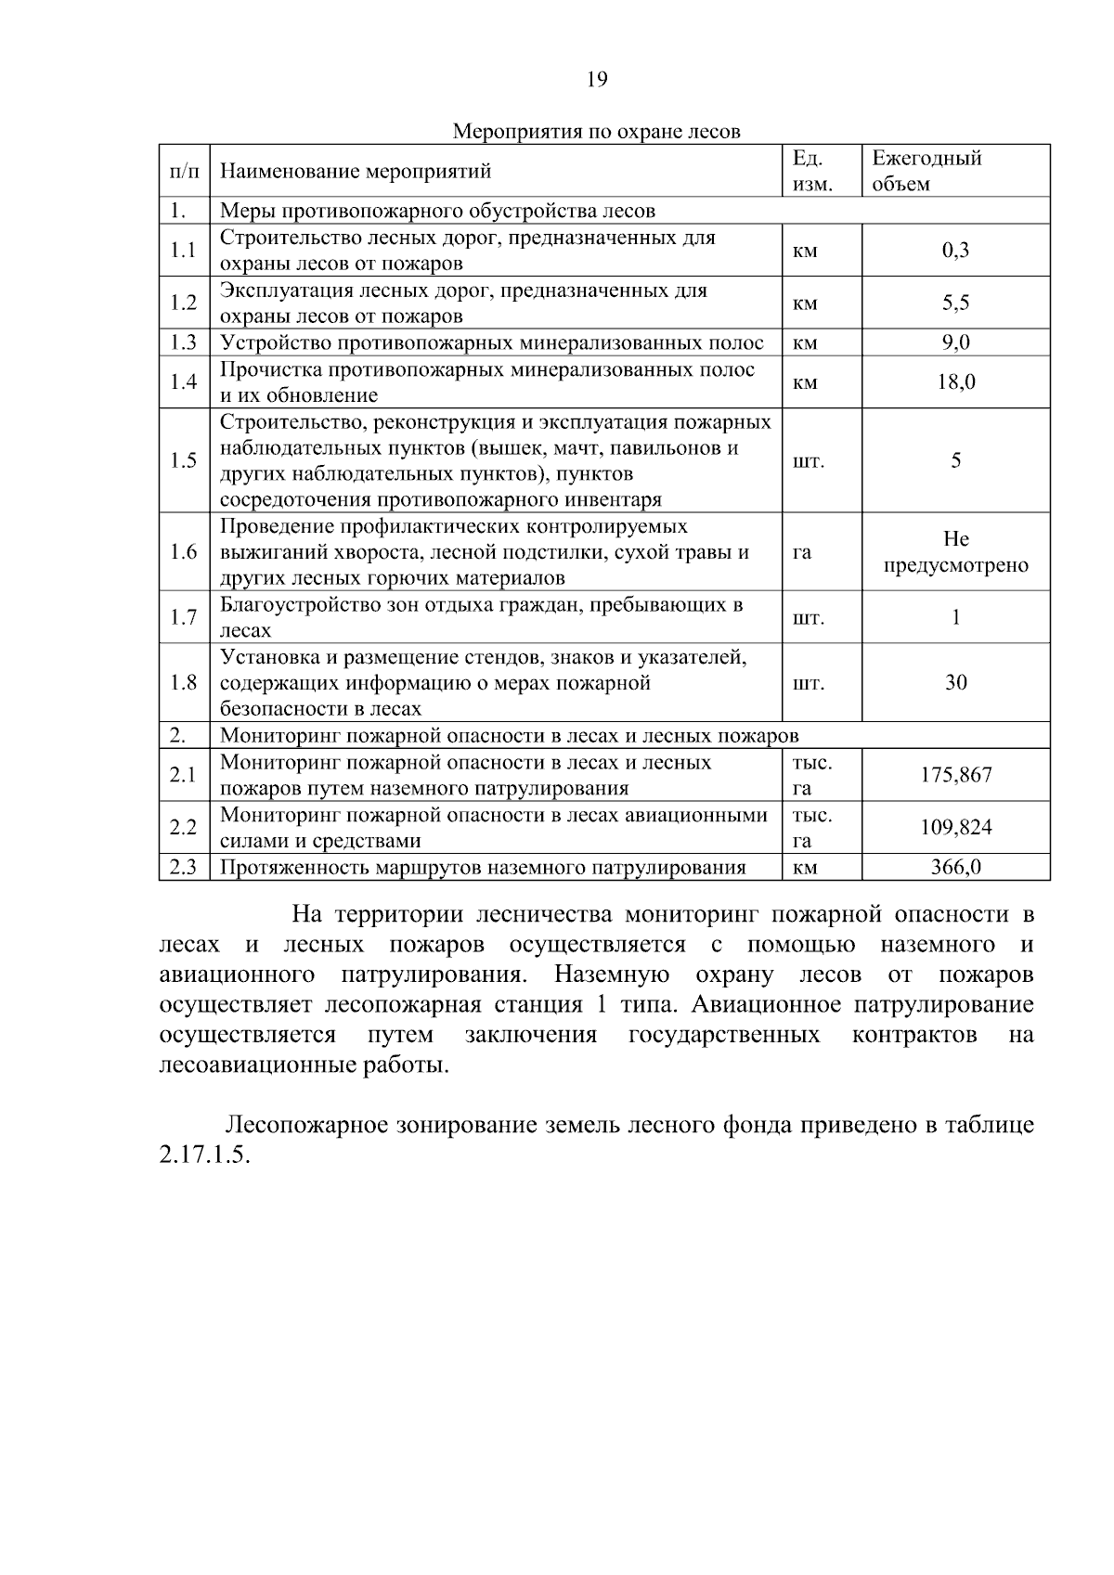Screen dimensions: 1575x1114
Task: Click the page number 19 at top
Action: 597,80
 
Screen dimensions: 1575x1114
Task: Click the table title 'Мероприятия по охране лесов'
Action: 596,131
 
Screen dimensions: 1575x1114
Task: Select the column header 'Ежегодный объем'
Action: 927,171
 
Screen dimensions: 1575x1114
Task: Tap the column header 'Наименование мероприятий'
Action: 356,171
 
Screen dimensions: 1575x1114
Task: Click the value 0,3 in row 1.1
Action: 955,251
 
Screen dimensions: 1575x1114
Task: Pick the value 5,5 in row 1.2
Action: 955,303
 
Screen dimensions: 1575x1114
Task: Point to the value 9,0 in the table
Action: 955,342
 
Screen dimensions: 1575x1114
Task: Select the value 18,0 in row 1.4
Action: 955,382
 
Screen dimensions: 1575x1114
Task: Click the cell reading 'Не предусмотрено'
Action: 955,552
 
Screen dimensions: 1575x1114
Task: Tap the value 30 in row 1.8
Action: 955,683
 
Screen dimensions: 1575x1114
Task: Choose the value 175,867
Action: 955,775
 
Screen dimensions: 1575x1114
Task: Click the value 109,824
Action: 955,827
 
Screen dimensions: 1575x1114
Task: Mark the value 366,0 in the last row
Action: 955,868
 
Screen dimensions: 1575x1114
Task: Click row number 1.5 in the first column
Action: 184,461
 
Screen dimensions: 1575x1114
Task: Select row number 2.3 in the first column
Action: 184,868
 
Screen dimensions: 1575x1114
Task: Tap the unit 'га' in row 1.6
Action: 802,552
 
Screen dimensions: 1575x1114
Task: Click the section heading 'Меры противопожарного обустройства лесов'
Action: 437,211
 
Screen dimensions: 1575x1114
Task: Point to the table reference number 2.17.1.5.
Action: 205,1158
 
